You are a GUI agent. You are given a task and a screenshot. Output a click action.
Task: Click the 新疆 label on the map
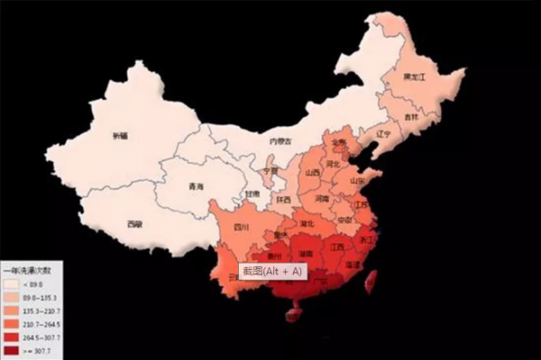tap(120, 136)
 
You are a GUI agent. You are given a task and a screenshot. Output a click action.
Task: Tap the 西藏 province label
tap(134, 223)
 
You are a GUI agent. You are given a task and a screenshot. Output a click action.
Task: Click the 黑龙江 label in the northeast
tap(414, 78)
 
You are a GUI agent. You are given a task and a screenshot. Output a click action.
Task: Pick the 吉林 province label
tap(411, 117)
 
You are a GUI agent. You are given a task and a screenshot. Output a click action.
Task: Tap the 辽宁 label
tap(385, 134)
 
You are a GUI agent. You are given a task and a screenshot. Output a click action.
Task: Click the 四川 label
tap(242, 226)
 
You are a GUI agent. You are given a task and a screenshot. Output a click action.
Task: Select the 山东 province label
tap(357, 180)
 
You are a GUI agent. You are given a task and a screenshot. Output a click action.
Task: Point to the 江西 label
tap(338, 245)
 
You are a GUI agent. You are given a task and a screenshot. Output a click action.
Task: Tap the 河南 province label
tap(322, 198)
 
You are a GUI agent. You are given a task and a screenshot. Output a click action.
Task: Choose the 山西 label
tap(312, 173)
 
